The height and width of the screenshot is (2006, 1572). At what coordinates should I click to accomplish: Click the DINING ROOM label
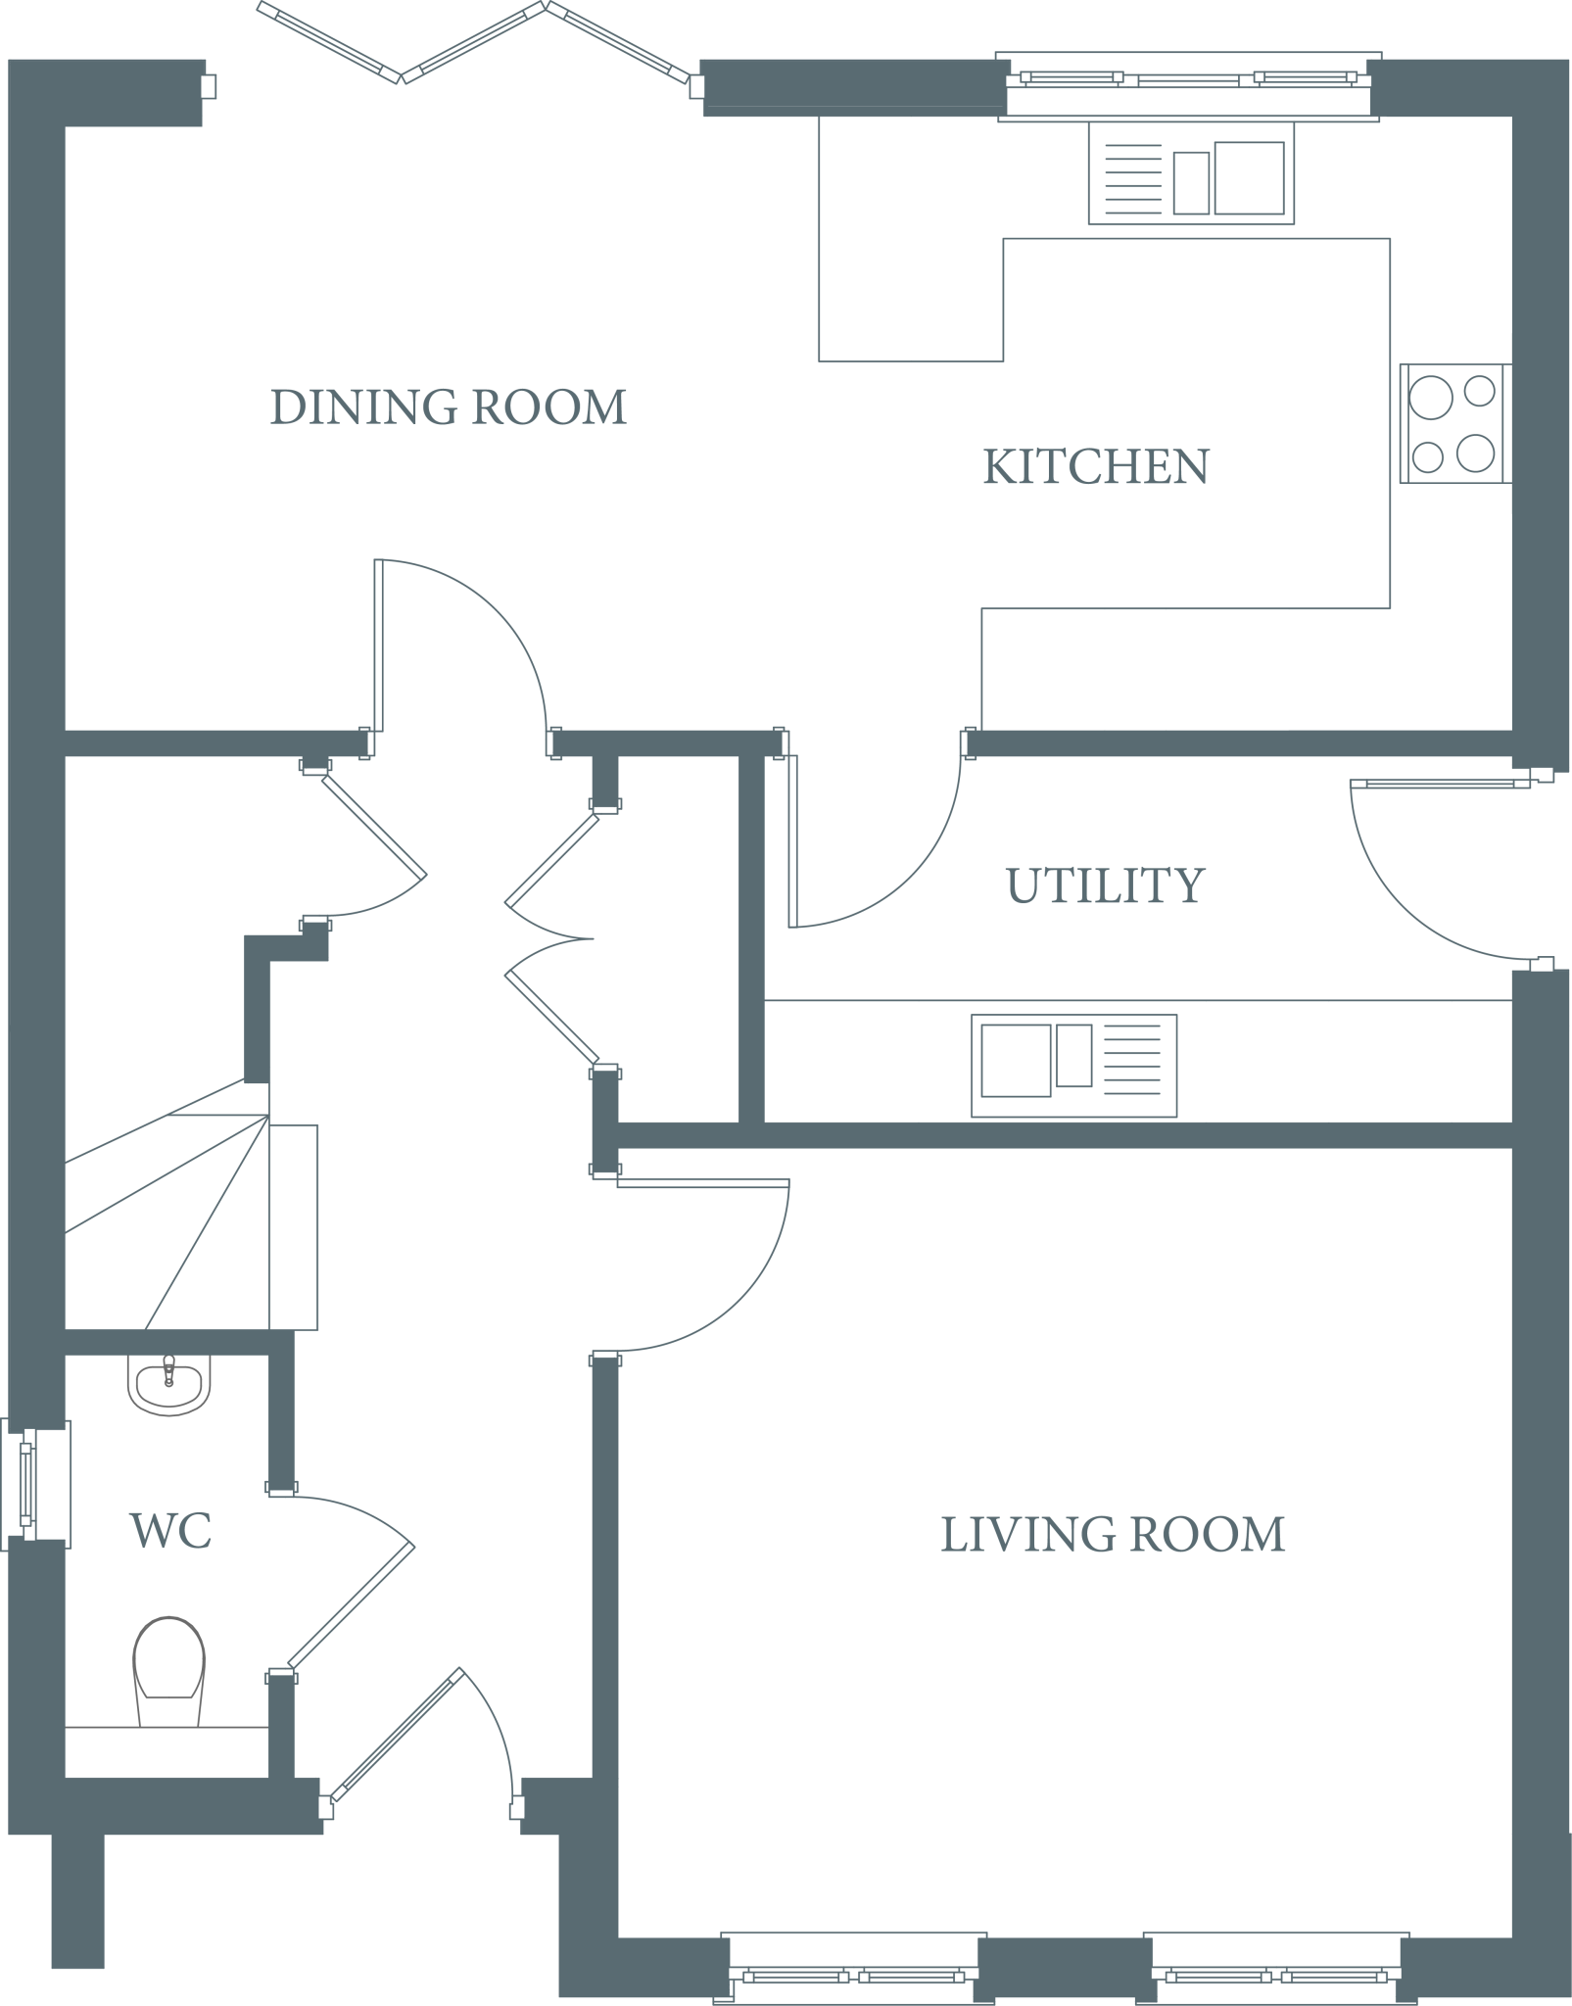point(448,406)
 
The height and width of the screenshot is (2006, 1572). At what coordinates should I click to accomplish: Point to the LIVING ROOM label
point(1113,1534)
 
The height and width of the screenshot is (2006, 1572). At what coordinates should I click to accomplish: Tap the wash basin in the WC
point(168,1384)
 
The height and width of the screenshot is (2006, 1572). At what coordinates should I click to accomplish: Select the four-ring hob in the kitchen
point(1453,423)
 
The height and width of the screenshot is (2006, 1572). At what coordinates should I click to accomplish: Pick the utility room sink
point(1073,1066)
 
